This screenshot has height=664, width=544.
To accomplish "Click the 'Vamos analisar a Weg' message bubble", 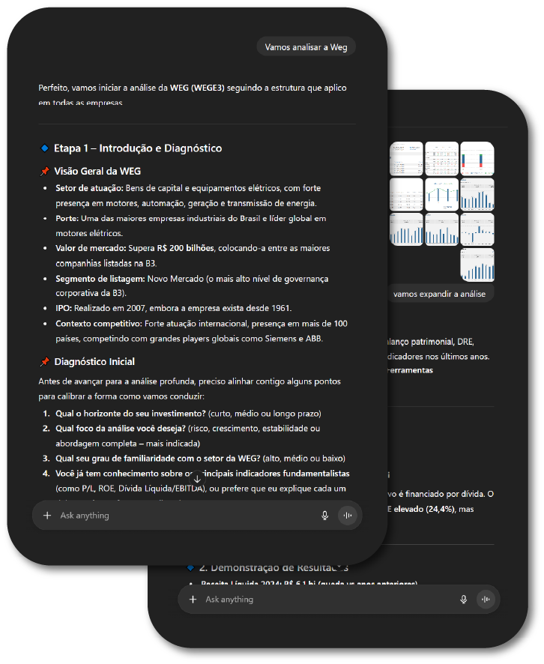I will (306, 46).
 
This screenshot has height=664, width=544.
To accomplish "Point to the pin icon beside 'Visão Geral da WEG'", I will (44, 171).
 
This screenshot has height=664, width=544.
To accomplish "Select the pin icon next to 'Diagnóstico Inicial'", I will (44, 362).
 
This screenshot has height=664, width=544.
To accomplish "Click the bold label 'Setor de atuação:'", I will (89, 187).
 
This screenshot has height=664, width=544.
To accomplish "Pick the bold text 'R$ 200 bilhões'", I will (181, 247).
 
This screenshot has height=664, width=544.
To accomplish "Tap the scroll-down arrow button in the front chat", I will (197, 478).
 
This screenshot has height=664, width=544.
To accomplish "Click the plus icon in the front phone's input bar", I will (47, 516).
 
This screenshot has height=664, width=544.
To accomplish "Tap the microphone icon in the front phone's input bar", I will (324, 516).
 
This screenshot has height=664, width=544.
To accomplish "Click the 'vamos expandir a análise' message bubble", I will (439, 294).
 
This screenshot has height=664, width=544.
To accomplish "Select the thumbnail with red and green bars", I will (477, 159).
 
